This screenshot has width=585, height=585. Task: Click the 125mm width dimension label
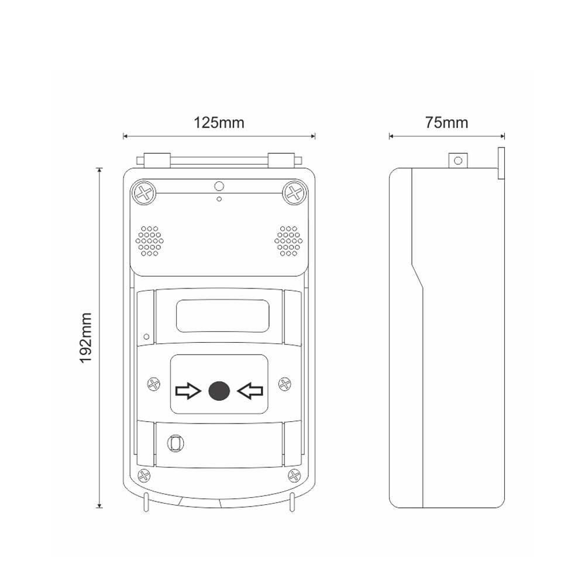coord(219,123)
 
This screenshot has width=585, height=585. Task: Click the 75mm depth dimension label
coord(446,123)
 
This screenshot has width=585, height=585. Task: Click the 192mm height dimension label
coord(85,338)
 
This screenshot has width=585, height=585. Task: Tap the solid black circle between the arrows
coord(219,391)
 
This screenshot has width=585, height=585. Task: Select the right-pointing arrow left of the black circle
coord(188,391)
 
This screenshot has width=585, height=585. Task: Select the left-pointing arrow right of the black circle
coord(250,391)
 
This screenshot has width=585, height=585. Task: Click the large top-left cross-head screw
coord(144,193)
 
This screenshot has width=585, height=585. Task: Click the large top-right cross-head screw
coord(294,193)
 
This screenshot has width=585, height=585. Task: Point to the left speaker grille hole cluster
coord(150,241)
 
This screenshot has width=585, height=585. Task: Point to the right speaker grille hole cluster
coord(288,241)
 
